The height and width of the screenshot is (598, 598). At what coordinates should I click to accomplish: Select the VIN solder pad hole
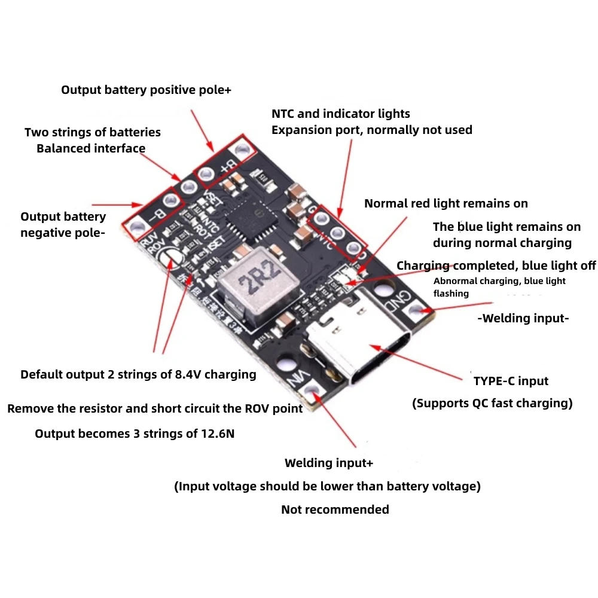tap(312, 389)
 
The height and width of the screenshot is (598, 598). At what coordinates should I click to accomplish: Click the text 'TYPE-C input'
tap(511, 381)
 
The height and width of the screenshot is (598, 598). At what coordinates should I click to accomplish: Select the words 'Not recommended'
tap(335, 509)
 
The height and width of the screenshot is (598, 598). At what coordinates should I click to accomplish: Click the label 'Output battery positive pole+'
tap(146, 90)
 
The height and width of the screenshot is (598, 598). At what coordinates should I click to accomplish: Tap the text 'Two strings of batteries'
tap(93, 132)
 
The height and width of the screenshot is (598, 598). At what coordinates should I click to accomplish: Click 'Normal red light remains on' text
tap(446, 203)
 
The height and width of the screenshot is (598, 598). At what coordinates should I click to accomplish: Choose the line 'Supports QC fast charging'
tap(492, 403)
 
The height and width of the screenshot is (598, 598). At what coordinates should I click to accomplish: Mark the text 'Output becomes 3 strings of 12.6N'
tap(135, 434)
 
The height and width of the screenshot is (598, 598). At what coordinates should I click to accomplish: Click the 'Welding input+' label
tap(329, 463)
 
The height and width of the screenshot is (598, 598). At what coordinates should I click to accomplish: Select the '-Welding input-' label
tap(523, 318)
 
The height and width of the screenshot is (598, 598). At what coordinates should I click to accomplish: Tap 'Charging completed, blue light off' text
tap(496, 266)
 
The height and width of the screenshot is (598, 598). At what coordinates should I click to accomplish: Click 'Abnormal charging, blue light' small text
tap(499, 281)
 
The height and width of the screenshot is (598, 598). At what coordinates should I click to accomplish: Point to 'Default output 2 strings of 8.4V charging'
tap(138, 374)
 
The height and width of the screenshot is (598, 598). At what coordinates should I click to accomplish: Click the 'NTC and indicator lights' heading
tap(341, 114)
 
